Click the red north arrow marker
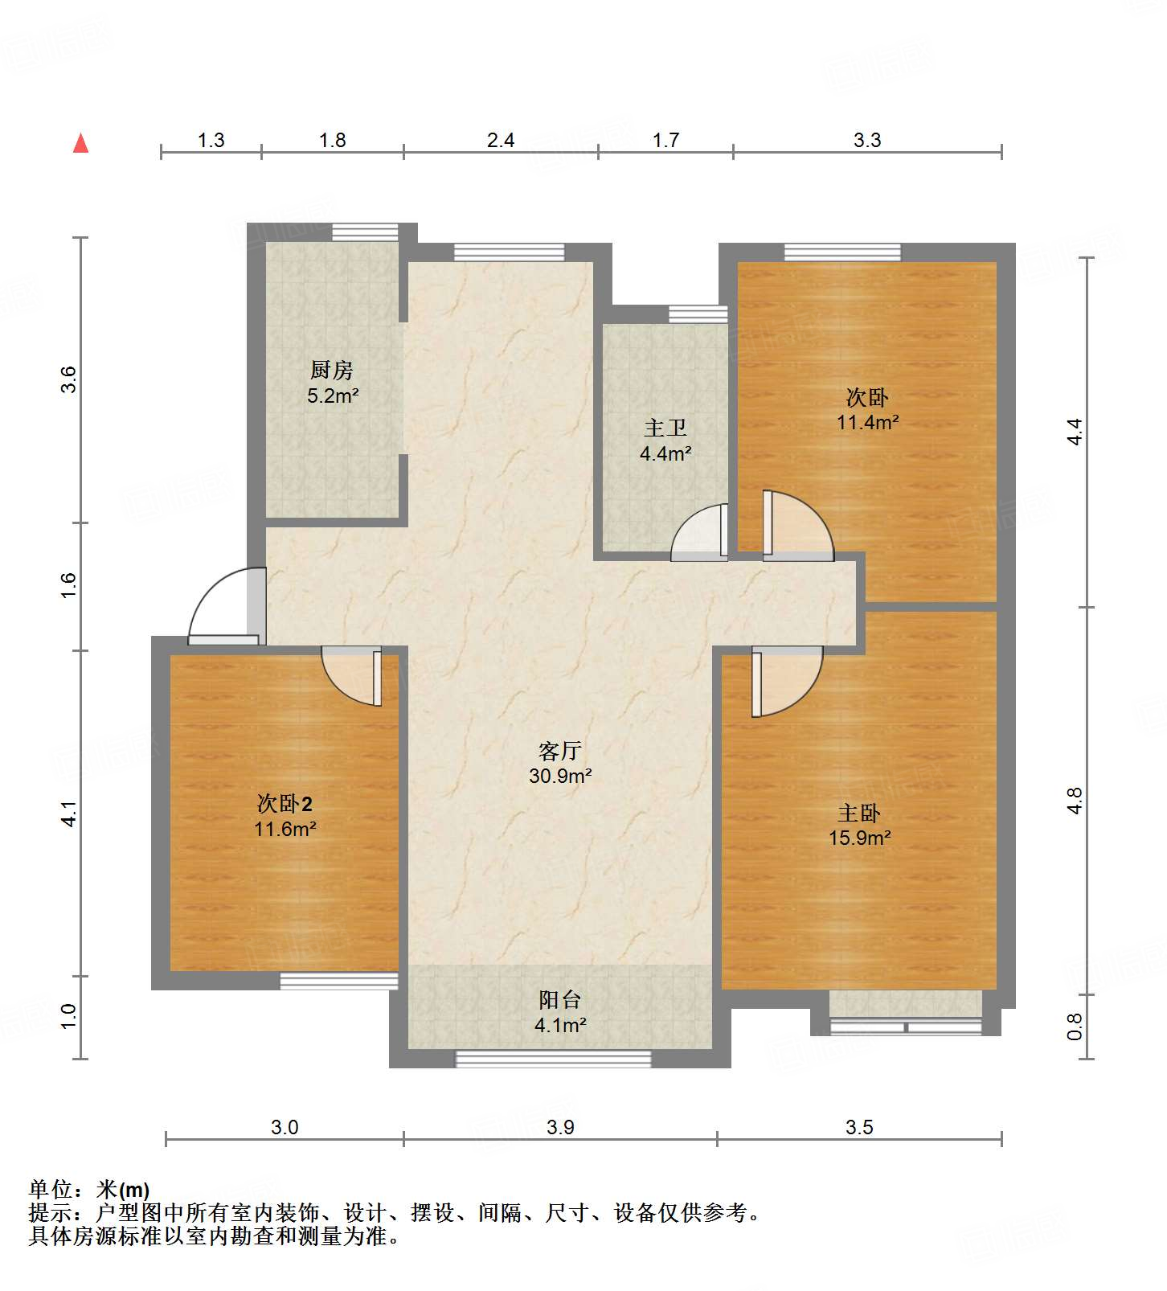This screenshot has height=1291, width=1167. tap(80, 143)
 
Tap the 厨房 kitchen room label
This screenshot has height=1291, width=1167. tap(332, 383)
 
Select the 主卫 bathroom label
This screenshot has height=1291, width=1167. tap(665, 441)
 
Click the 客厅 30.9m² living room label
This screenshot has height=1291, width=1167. tap(560, 763)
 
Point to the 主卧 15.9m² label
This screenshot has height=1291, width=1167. tap(859, 826)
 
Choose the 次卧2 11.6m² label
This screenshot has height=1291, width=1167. tap(285, 816)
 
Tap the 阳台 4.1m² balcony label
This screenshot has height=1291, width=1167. tap(560, 1012)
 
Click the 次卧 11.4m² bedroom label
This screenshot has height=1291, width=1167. tap(867, 409)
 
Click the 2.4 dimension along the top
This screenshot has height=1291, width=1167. tap(500, 141)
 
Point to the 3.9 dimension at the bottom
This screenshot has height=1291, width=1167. tap(560, 1127)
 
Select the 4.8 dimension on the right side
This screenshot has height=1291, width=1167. tap(1075, 801)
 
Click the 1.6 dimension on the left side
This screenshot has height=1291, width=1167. tap(69, 584)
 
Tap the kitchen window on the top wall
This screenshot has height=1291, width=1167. tap(366, 232)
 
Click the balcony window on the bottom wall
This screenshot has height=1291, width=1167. tap(553, 1059)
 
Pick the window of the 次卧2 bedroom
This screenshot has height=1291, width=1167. tap(338, 981)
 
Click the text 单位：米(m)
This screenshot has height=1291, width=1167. tap(89, 1189)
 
